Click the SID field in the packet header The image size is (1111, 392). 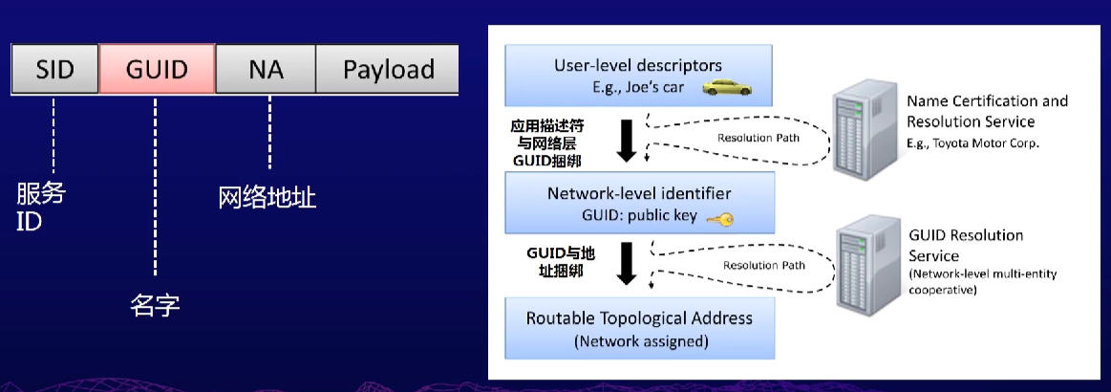[55, 70]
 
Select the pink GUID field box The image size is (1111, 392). [158, 70]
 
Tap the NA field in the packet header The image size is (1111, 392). [266, 70]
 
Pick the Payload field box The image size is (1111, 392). [388, 70]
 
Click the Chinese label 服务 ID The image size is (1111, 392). [41, 207]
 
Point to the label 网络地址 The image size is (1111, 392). [267, 198]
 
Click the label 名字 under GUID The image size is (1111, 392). [155, 306]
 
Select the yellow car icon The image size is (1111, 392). [727, 89]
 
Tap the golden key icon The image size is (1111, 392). [719, 219]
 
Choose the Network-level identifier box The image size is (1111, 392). [638, 203]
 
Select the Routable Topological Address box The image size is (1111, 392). [638, 328]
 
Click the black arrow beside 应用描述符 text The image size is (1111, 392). [627, 141]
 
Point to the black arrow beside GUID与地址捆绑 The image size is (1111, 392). [627, 264]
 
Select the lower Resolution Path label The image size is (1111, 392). [763, 265]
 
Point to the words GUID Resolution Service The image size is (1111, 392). [965, 245]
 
